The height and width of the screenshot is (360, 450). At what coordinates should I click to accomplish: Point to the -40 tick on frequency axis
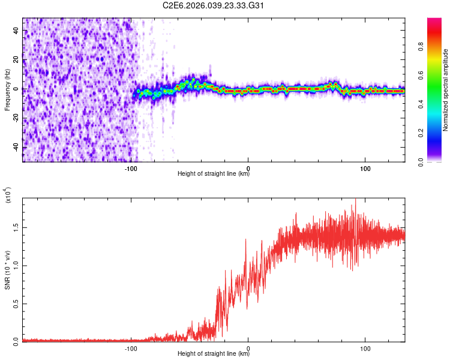(16, 147)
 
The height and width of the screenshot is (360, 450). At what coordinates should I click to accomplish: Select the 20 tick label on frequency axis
(16, 59)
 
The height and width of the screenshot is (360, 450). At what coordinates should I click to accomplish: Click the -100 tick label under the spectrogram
(131, 167)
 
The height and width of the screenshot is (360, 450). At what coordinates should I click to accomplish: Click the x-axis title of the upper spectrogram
(214, 174)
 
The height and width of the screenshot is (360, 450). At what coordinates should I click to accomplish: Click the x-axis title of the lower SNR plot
(214, 354)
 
